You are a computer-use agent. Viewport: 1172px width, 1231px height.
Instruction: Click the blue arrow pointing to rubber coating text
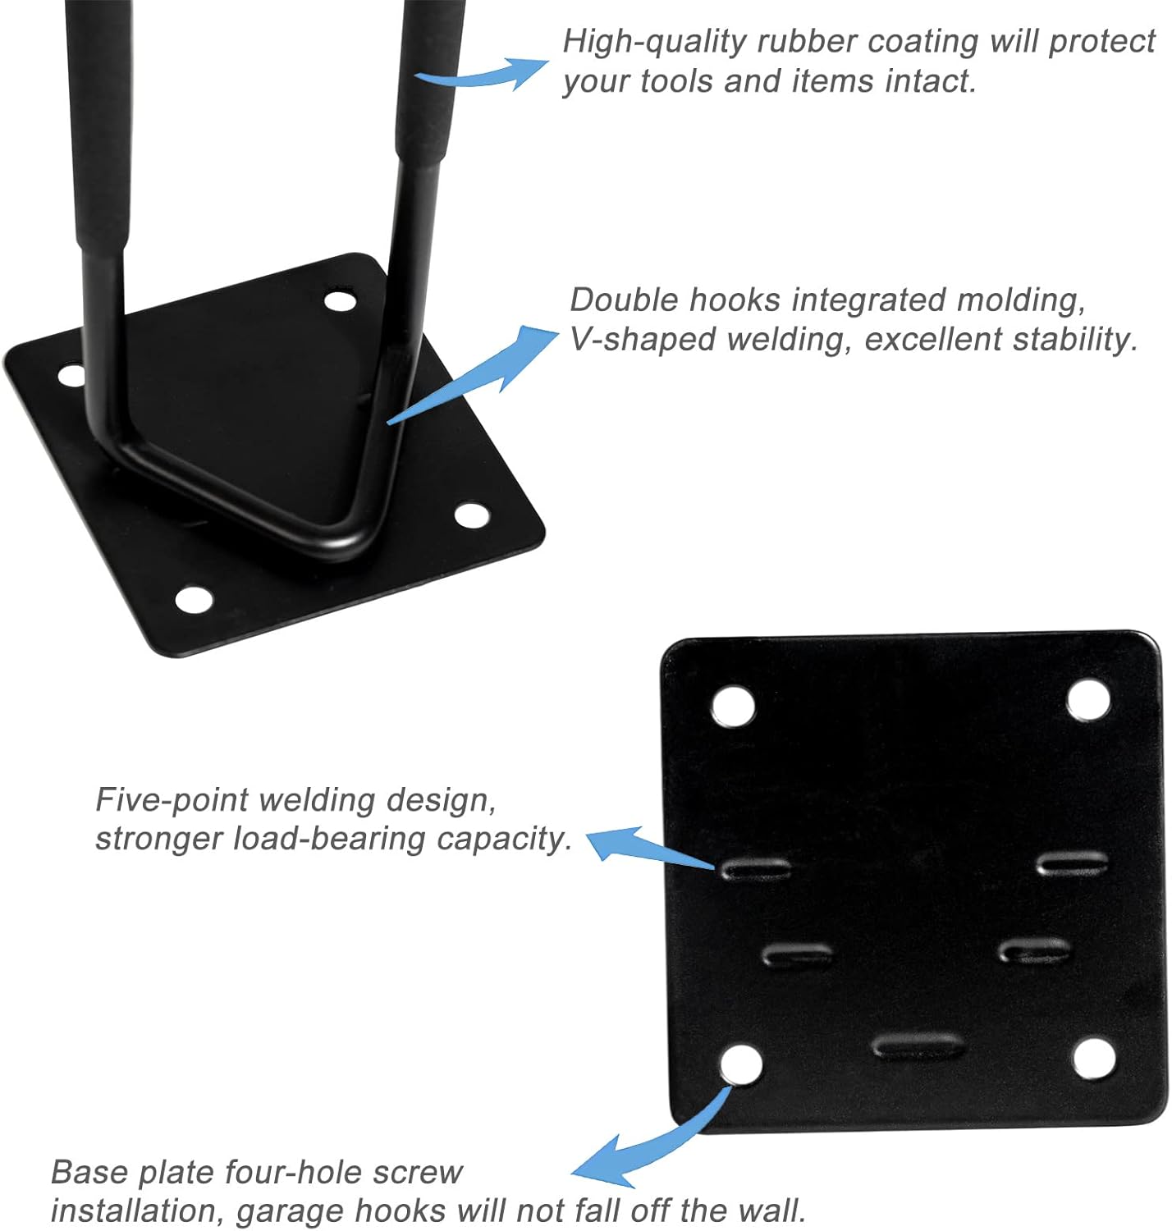tap(484, 74)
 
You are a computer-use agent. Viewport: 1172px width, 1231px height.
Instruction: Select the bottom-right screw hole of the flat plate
tap(1095, 1059)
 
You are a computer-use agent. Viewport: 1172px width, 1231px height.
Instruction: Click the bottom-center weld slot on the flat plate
tap(917, 1046)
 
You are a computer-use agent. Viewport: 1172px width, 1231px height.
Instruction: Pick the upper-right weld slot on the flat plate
tap(1072, 863)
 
